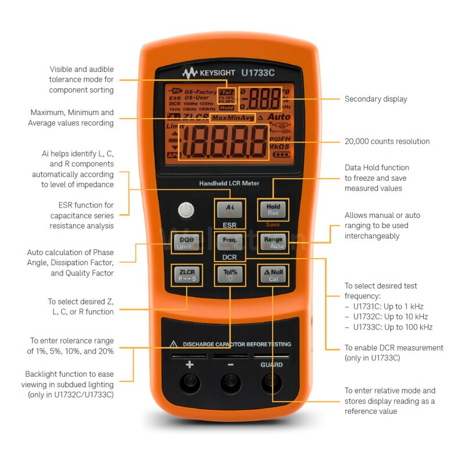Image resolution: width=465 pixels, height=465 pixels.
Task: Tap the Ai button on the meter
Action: click(x=230, y=209)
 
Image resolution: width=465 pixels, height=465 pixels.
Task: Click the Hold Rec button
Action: click(x=273, y=209)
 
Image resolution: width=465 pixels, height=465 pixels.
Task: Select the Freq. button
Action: click(x=230, y=242)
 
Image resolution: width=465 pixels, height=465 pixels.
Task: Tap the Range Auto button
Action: click(x=273, y=242)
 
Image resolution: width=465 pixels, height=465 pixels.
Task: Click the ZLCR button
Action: click(x=187, y=274)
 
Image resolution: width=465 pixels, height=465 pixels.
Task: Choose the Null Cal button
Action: click(x=273, y=274)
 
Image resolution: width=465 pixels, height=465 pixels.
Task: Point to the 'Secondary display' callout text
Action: click(x=375, y=99)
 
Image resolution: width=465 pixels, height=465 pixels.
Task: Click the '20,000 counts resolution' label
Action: click(x=387, y=141)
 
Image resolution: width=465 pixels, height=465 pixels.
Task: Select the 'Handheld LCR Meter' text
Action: click(x=229, y=184)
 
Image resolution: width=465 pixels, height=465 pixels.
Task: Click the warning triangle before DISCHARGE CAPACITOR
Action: click(x=173, y=344)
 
